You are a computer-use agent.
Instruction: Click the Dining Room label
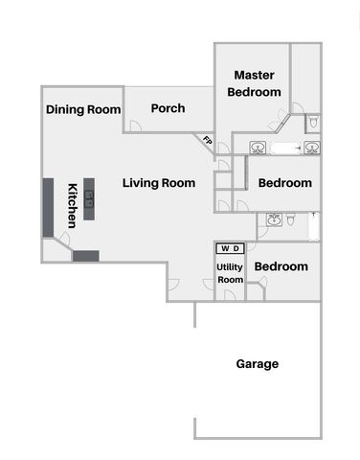click(83, 109)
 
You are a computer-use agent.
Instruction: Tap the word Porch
click(168, 108)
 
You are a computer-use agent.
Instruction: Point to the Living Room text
click(159, 183)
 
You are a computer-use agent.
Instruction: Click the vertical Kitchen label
click(72, 205)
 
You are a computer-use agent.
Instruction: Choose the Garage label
click(257, 364)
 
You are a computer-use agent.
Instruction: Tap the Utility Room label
click(230, 273)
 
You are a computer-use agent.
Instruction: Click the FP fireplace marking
click(207, 141)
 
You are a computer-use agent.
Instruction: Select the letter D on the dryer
click(236, 249)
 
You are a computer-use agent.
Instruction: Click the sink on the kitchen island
click(89, 198)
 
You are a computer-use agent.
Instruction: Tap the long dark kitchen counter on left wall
click(47, 207)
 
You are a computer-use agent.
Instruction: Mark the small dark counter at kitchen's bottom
click(85, 256)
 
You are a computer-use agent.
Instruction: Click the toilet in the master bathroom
click(313, 124)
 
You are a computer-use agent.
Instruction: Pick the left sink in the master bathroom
click(258, 147)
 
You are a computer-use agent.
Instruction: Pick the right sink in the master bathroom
click(313, 147)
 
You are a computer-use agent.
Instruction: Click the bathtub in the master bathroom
click(285, 148)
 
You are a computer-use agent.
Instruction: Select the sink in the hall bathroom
click(275, 220)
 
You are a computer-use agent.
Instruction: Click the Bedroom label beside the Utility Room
click(281, 266)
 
